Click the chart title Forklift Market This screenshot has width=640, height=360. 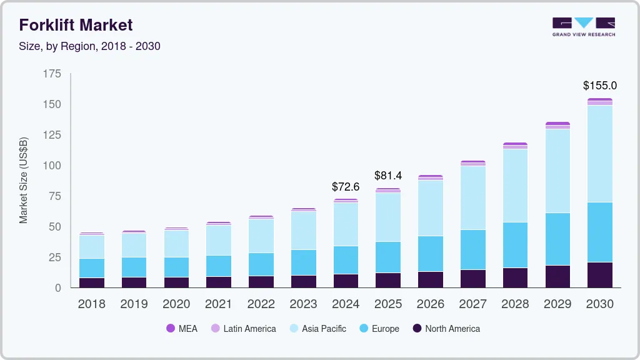[76, 25]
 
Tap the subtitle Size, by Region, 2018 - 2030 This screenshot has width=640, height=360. [89, 46]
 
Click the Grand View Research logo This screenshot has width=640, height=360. [584, 27]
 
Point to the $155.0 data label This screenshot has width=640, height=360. [600, 86]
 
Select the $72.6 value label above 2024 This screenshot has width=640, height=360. [346, 186]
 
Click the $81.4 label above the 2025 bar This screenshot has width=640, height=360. [388, 176]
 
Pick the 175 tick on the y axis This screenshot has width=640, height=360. [52, 74]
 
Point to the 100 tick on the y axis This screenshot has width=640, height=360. [52, 166]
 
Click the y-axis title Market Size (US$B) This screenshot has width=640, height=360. [24, 180]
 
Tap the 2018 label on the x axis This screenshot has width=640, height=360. [91, 304]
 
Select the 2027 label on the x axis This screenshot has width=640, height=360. [472, 304]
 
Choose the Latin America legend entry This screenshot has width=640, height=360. [243, 329]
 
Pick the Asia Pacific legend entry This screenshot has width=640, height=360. [317, 329]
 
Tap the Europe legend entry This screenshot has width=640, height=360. [379, 329]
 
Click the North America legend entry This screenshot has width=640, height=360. [446, 329]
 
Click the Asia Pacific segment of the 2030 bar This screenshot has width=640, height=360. [600, 154]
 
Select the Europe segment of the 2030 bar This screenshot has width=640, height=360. [600, 232]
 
